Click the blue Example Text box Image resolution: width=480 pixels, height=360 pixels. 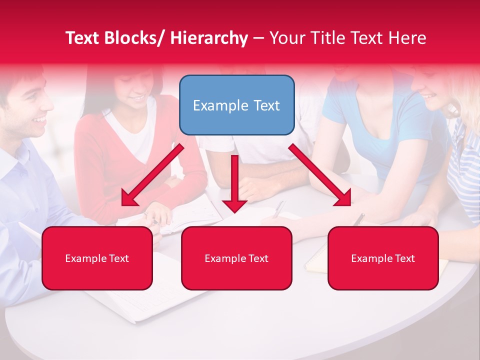236,105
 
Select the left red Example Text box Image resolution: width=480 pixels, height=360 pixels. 97,258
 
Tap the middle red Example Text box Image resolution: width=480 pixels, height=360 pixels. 236,258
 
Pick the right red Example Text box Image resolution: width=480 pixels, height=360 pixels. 383,258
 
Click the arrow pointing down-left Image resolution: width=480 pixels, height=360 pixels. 152,175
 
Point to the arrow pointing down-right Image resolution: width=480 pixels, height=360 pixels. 320,175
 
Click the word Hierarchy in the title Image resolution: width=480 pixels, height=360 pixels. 209,38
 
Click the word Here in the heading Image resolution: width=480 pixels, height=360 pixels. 409,38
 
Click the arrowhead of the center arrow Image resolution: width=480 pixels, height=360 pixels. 234,204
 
